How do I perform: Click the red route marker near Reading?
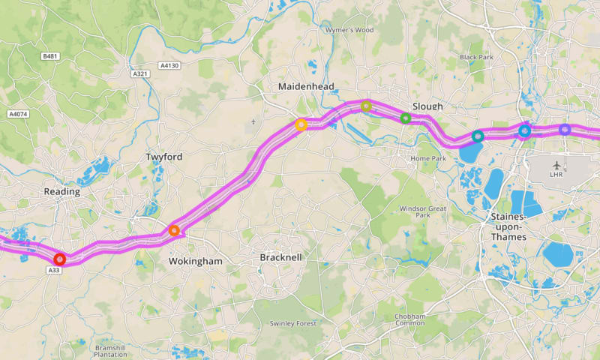point(60,259)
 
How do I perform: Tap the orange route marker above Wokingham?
point(174,231)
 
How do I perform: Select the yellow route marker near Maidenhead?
point(301,125)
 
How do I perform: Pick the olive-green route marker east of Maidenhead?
point(366,106)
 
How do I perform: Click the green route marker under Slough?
point(406,118)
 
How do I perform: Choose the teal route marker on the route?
point(478,136)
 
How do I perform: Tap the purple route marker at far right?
point(565,130)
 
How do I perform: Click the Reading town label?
point(62,192)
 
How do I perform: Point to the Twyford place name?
point(163,157)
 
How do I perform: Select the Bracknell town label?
point(280,257)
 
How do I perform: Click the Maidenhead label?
point(306,87)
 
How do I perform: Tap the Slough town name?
point(427,106)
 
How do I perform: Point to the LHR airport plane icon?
point(556,164)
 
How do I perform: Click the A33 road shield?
point(54,270)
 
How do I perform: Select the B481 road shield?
point(50,57)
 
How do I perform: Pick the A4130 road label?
point(169,66)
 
